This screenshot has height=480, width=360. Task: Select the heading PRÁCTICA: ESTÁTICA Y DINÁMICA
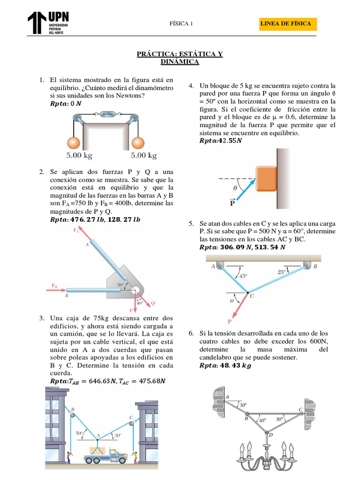(x=180, y=58)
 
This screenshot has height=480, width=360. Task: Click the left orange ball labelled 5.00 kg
(x=75, y=142)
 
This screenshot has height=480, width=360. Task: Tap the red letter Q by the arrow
(x=152, y=303)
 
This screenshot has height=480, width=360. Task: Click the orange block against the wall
(x=265, y=178)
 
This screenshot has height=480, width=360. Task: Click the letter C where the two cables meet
(x=252, y=296)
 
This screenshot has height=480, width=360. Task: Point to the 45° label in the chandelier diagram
(x=262, y=421)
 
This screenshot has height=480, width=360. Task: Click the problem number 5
(x=191, y=225)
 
